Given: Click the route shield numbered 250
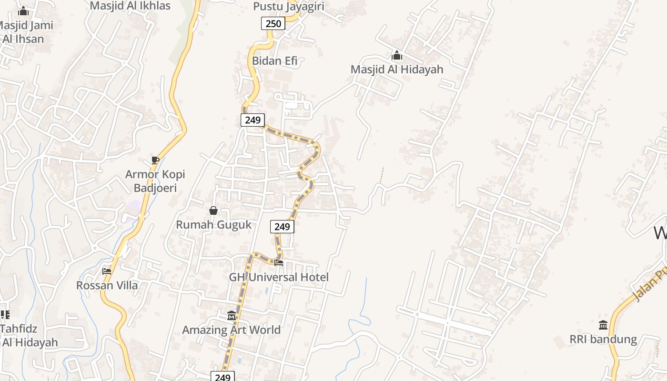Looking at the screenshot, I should click(x=273, y=23).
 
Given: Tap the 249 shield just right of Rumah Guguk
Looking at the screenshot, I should click(x=282, y=227).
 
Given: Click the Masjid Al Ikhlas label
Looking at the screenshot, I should click(x=130, y=6).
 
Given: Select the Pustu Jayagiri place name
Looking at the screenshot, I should click(x=289, y=6).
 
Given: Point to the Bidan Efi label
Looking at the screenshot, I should click(x=274, y=61).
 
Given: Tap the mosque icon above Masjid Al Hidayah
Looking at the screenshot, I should click(x=396, y=56).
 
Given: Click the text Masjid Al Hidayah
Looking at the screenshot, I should click(x=397, y=70).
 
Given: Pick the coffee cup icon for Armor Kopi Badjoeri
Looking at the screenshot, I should click(x=155, y=160).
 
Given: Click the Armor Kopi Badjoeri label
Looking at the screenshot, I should click(x=155, y=181).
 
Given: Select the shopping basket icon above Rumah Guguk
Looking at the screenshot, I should click(x=213, y=211).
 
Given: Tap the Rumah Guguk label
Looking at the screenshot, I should click(x=213, y=225).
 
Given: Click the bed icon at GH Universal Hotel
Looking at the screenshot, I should click(x=279, y=262).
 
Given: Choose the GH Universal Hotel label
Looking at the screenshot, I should click(x=279, y=277).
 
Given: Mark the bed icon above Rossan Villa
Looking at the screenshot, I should click(x=107, y=271).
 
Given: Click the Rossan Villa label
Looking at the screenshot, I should click(x=107, y=286).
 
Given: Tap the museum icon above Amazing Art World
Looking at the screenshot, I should click(x=232, y=315).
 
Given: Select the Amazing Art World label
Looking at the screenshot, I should click(x=231, y=330).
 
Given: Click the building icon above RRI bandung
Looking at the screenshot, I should click(x=603, y=325).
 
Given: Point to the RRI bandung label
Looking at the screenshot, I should click(x=603, y=340).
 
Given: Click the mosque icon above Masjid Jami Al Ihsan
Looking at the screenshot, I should click(x=23, y=11).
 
